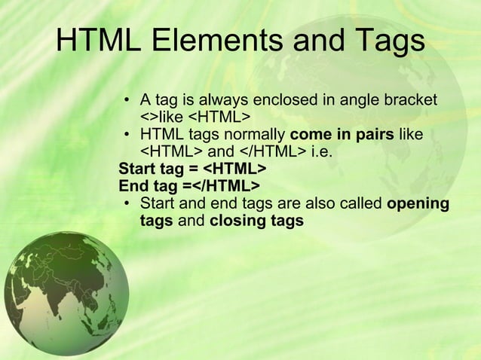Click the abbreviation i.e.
321,153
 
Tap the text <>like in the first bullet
162,118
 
